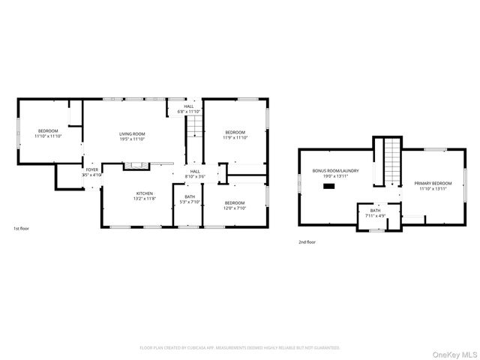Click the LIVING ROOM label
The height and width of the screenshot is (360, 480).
(131, 133)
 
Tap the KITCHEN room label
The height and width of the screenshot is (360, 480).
(145, 193)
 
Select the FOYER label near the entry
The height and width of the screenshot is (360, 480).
(91, 170)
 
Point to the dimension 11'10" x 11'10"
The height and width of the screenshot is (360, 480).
(48, 137)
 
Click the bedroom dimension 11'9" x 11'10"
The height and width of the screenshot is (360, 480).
(235, 138)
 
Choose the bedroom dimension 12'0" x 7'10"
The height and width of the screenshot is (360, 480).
(234, 208)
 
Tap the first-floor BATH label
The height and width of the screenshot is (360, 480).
(189, 196)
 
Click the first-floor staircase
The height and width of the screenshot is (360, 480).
(194, 127)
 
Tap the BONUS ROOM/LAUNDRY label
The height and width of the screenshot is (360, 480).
(335, 171)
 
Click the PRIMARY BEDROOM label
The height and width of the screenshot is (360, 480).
(433, 183)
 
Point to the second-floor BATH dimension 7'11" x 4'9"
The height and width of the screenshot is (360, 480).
(375, 216)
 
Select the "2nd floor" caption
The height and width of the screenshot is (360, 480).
(307, 242)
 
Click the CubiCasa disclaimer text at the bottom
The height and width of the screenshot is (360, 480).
(240, 348)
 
